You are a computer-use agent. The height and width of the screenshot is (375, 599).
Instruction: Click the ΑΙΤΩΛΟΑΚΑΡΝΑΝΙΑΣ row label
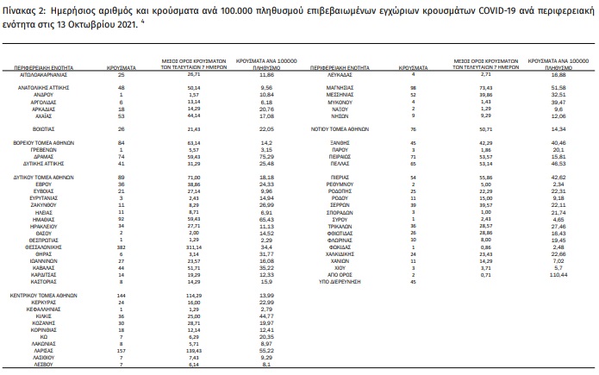click(43, 74)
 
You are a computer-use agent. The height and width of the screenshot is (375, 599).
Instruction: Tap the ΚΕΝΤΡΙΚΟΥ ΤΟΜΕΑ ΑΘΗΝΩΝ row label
click(43, 294)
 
